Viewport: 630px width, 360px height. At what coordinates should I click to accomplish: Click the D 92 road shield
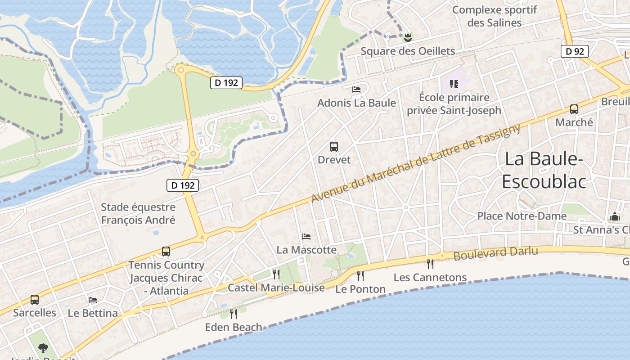click(575, 51)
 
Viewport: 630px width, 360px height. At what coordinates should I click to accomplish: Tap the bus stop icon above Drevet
click(333, 147)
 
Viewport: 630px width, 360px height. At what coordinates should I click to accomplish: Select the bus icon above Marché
click(574, 109)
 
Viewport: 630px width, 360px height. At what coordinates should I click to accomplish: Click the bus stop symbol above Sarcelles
click(35, 299)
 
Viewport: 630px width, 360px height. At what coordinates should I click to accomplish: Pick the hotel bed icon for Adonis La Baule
click(356, 90)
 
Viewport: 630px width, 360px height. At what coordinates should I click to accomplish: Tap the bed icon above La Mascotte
click(306, 236)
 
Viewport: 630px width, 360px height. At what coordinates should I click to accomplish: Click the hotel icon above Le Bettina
click(93, 300)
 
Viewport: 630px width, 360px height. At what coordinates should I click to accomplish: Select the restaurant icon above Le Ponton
click(360, 275)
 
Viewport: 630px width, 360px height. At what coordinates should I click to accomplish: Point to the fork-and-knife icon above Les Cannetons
click(430, 264)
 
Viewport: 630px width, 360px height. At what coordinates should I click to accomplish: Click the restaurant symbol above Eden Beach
click(233, 314)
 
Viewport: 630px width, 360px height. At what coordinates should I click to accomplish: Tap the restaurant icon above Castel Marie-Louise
click(276, 274)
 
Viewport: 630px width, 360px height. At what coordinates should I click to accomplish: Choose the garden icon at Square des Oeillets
click(408, 38)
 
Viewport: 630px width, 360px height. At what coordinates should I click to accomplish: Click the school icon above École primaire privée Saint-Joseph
click(454, 84)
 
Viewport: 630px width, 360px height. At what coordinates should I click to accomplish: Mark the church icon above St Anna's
click(614, 217)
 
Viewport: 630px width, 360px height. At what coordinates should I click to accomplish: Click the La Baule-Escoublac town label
click(544, 170)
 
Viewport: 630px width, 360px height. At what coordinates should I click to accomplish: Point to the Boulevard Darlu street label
click(495, 253)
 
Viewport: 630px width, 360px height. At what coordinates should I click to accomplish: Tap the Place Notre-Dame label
click(522, 216)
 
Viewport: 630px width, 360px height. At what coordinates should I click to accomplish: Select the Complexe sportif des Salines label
click(494, 16)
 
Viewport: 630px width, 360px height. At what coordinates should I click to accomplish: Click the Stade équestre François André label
click(138, 214)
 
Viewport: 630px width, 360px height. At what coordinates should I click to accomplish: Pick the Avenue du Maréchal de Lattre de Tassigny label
click(416, 163)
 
